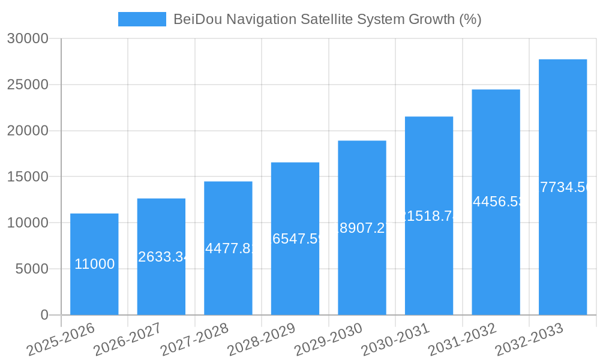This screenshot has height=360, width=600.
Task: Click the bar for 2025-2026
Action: (x=94, y=288)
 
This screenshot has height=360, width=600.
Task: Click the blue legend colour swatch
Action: (x=142, y=19)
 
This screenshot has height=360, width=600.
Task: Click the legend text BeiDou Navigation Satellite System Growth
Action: (x=327, y=19)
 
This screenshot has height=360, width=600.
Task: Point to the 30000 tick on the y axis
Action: (x=27, y=38)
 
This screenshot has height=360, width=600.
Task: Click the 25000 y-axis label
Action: (x=27, y=85)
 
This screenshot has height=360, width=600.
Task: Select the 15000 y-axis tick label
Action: (x=27, y=177)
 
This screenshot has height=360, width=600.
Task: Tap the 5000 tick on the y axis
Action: (x=31, y=269)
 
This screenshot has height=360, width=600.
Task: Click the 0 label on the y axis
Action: (x=44, y=315)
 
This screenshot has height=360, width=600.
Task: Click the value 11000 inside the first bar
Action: (x=94, y=264)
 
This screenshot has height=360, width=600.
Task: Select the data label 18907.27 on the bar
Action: (x=362, y=228)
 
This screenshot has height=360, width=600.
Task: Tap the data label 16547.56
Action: (x=295, y=239)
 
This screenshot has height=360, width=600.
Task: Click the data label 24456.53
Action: (x=496, y=202)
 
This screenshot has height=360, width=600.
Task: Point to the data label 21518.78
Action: (x=429, y=216)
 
